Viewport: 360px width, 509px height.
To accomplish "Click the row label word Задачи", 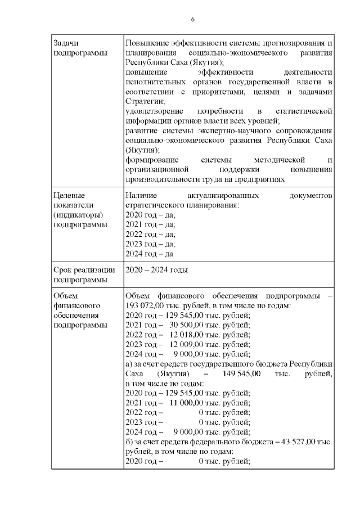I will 65,43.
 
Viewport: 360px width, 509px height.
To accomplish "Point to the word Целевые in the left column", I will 69,195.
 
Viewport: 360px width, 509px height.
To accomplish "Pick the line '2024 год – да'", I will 149,254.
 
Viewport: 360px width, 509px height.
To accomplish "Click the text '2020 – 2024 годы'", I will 156,270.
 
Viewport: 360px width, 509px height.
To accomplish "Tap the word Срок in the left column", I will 62,270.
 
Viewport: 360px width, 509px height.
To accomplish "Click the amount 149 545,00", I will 241,373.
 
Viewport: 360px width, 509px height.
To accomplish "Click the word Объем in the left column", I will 64,296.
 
